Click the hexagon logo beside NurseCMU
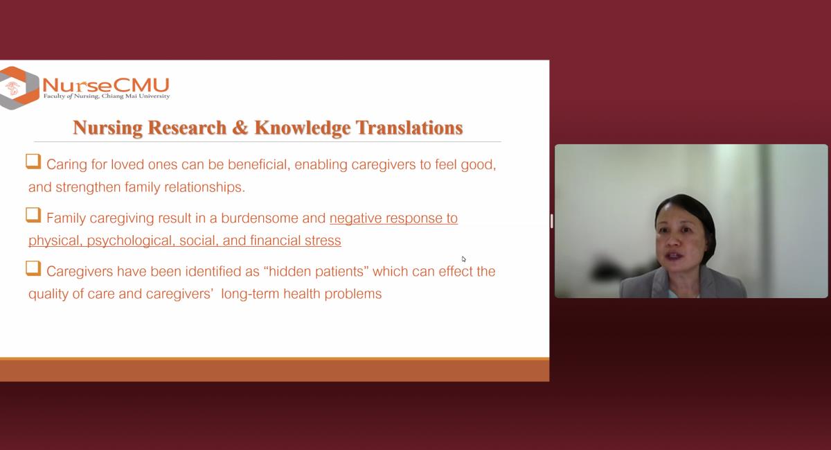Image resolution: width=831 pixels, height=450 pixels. point(19,88)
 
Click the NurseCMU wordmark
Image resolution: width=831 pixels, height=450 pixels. point(106,85)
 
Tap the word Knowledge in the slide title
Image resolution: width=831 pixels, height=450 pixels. point(303,128)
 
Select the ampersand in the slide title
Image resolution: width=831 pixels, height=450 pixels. point(240,128)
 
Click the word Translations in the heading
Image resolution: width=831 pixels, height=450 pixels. point(409,128)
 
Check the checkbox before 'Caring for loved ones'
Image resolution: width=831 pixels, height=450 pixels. point(33,162)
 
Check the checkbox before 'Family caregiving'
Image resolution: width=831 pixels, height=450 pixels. point(33,215)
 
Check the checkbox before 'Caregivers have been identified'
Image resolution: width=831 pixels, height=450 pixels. point(33,268)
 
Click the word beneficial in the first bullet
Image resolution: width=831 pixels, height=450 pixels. point(259,164)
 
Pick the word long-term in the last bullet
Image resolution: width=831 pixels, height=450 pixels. point(250,293)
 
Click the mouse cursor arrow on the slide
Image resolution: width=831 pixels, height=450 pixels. point(464,259)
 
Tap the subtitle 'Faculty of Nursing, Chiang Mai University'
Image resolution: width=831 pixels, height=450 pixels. point(107,96)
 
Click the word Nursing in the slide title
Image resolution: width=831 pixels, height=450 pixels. point(107,128)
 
